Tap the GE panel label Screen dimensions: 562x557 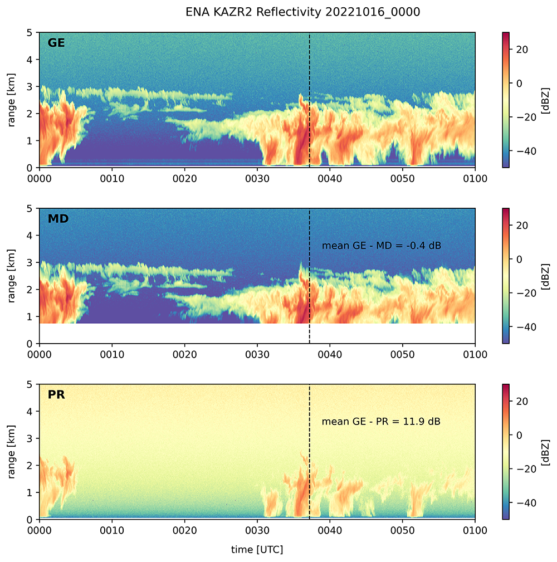(56, 43)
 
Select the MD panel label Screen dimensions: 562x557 (58, 219)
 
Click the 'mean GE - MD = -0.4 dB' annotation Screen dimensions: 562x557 (382, 246)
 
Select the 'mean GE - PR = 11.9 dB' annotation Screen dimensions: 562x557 (381, 422)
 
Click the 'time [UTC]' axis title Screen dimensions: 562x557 (257, 550)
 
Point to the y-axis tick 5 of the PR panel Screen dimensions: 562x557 (32, 384)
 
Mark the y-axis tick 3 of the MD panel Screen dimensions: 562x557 (32, 262)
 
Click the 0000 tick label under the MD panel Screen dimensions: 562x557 (40, 354)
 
